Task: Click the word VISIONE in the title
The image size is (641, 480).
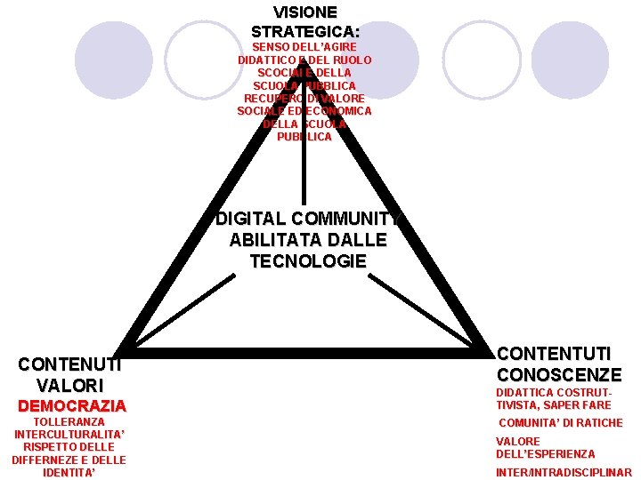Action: coord(305,12)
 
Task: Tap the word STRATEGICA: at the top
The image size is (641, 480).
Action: coord(305,31)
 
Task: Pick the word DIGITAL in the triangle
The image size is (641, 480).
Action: coord(250,219)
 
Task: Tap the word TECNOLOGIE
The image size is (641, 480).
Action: coord(308,261)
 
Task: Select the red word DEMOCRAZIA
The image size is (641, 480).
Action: coord(72,405)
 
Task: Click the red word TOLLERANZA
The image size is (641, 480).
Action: coord(69,421)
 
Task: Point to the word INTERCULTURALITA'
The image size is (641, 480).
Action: coord(69,435)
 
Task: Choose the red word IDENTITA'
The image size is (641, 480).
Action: coord(69,473)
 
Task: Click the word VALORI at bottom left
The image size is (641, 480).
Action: coord(70,386)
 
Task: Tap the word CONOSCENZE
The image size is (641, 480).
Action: coord(559,374)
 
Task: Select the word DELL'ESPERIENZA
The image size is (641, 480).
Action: coord(546,454)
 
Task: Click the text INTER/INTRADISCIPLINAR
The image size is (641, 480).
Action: coord(564,473)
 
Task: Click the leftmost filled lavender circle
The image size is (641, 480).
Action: coord(114,60)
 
